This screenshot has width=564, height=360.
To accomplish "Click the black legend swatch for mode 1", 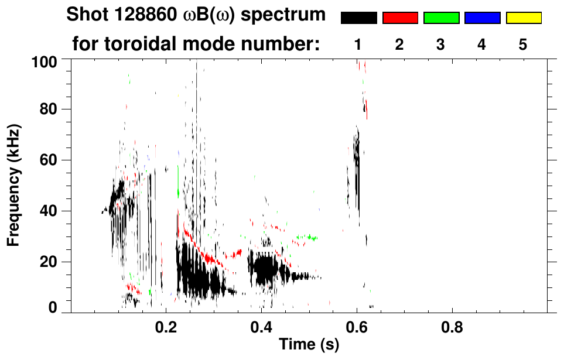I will (358, 18).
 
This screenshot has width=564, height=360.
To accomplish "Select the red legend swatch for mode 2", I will (400, 18).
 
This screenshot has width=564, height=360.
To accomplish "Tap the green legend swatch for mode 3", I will (441, 18).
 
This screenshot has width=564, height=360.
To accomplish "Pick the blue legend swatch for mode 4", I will (482, 18).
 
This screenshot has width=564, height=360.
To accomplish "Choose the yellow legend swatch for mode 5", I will (523, 18).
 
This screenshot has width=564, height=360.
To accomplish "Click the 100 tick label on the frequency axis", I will (44, 60).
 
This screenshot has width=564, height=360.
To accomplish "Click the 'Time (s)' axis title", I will (309, 345).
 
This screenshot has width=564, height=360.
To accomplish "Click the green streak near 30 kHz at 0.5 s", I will (307, 238).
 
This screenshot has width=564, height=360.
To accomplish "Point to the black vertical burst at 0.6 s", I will (356, 170).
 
